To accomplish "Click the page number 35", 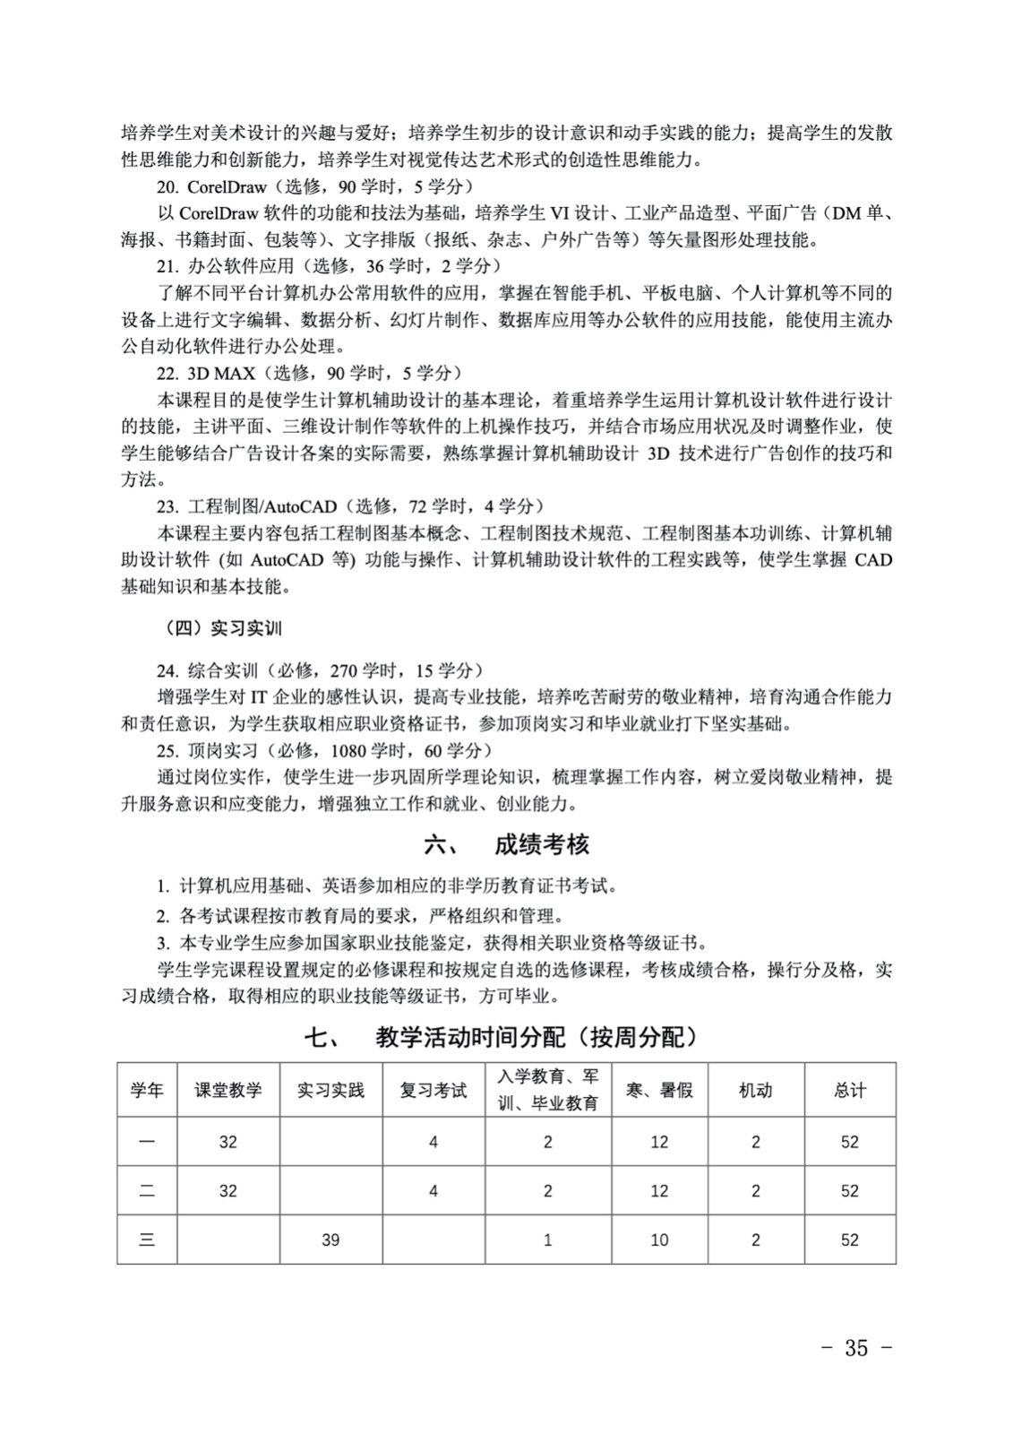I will (x=855, y=1348).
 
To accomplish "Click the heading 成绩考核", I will (x=541, y=845).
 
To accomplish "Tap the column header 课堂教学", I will (x=228, y=1091).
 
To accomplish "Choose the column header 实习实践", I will (x=331, y=1091).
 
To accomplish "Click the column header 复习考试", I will (x=434, y=1091).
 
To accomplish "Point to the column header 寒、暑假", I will (x=659, y=1091).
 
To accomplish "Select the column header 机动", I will (x=755, y=1091).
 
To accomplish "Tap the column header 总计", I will (x=849, y=1091).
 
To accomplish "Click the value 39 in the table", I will (x=331, y=1240).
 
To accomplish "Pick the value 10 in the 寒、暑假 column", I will (x=659, y=1240).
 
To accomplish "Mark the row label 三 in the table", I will (x=147, y=1240).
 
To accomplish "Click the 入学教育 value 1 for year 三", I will (x=547, y=1240).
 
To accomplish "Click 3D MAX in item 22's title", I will (x=221, y=373).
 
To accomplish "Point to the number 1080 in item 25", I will (x=348, y=750).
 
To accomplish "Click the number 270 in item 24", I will (x=345, y=670).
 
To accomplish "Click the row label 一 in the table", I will (x=147, y=1142).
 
